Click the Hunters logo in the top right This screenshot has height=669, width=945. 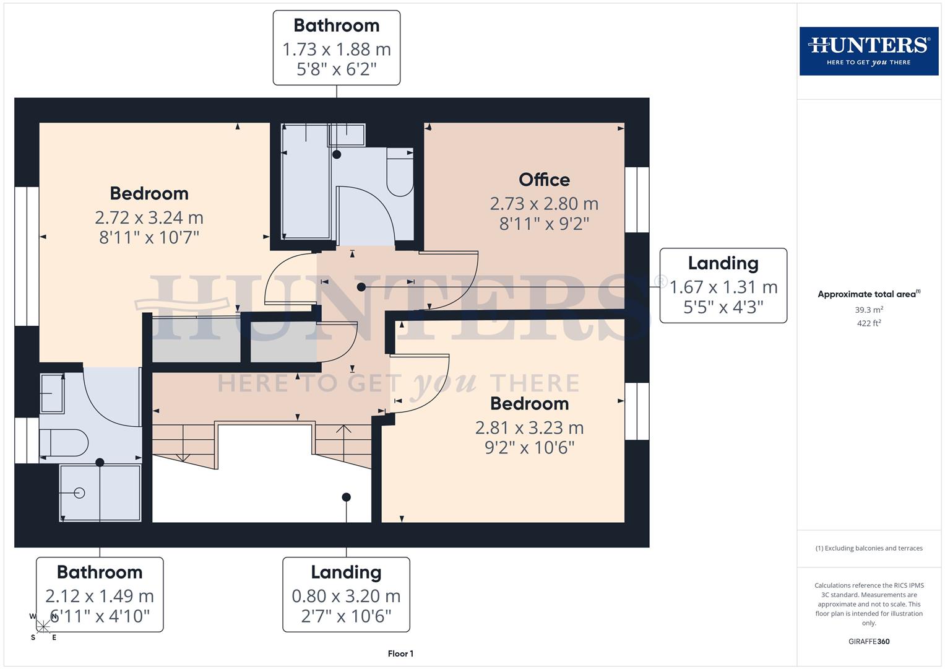coord(868,51)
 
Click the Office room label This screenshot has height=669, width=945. coord(544,180)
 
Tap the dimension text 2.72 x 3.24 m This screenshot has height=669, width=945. coord(149,217)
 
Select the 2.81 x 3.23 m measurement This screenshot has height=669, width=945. coord(529,427)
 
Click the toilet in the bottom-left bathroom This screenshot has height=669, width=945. coord(63,443)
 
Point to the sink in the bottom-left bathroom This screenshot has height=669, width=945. coord(52,393)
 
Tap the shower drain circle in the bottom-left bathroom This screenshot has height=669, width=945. coord(79,493)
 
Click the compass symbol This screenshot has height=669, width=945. coord(43,627)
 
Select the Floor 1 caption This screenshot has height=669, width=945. coord(400,654)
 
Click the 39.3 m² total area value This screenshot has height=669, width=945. coord(868,310)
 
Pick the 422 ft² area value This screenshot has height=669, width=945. coord(868,323)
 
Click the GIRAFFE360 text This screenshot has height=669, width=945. coord(868,642)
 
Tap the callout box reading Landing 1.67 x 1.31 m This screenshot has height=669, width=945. coord(723,286)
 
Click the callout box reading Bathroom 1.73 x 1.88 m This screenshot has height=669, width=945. coord(336,48)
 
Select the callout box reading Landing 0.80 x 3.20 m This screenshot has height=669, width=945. coord(346,594)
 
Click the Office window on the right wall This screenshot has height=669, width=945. coord(637,199)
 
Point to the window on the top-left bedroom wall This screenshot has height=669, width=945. coord(27,256)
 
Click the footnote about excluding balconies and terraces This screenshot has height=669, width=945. coord(868,548)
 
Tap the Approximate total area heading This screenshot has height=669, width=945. coord(868,294)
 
